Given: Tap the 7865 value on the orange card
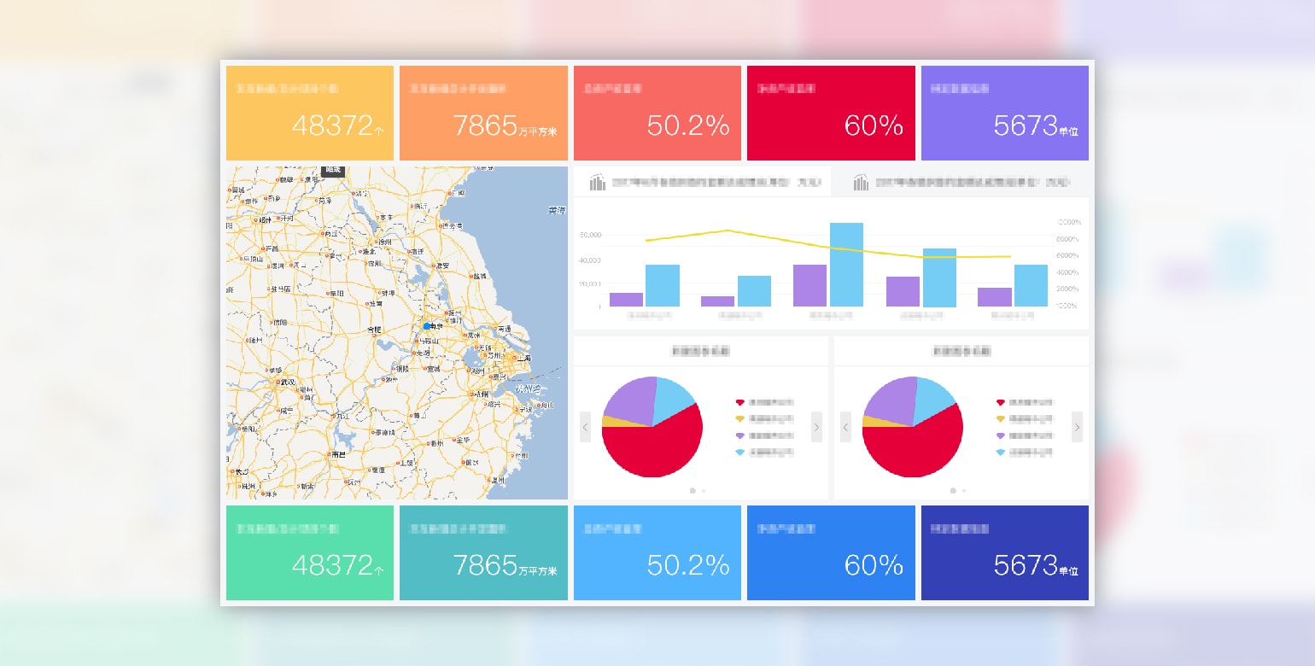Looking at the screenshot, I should tap(485, 126).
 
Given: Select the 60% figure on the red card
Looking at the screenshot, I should tap(874, 126).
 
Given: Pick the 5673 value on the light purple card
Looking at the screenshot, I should tap(1026, 126).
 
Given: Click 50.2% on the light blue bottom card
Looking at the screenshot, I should tap(688, 564).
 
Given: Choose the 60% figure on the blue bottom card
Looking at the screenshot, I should tap(874, 564).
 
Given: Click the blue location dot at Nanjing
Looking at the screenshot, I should tap(427, 325).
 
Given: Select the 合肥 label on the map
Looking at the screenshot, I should tap(374, 329).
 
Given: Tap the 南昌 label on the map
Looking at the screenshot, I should tap(338, 454).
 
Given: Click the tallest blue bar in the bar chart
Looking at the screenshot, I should tap(846, 264).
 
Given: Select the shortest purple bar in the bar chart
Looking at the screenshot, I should tap(717, 301).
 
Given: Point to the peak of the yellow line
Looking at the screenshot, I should tap(728, 230).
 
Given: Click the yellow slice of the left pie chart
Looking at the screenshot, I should tap(607, 421).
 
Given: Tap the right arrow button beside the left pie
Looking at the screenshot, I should tap(816, 426).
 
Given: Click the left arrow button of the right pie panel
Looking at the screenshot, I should tap(845, 426).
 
